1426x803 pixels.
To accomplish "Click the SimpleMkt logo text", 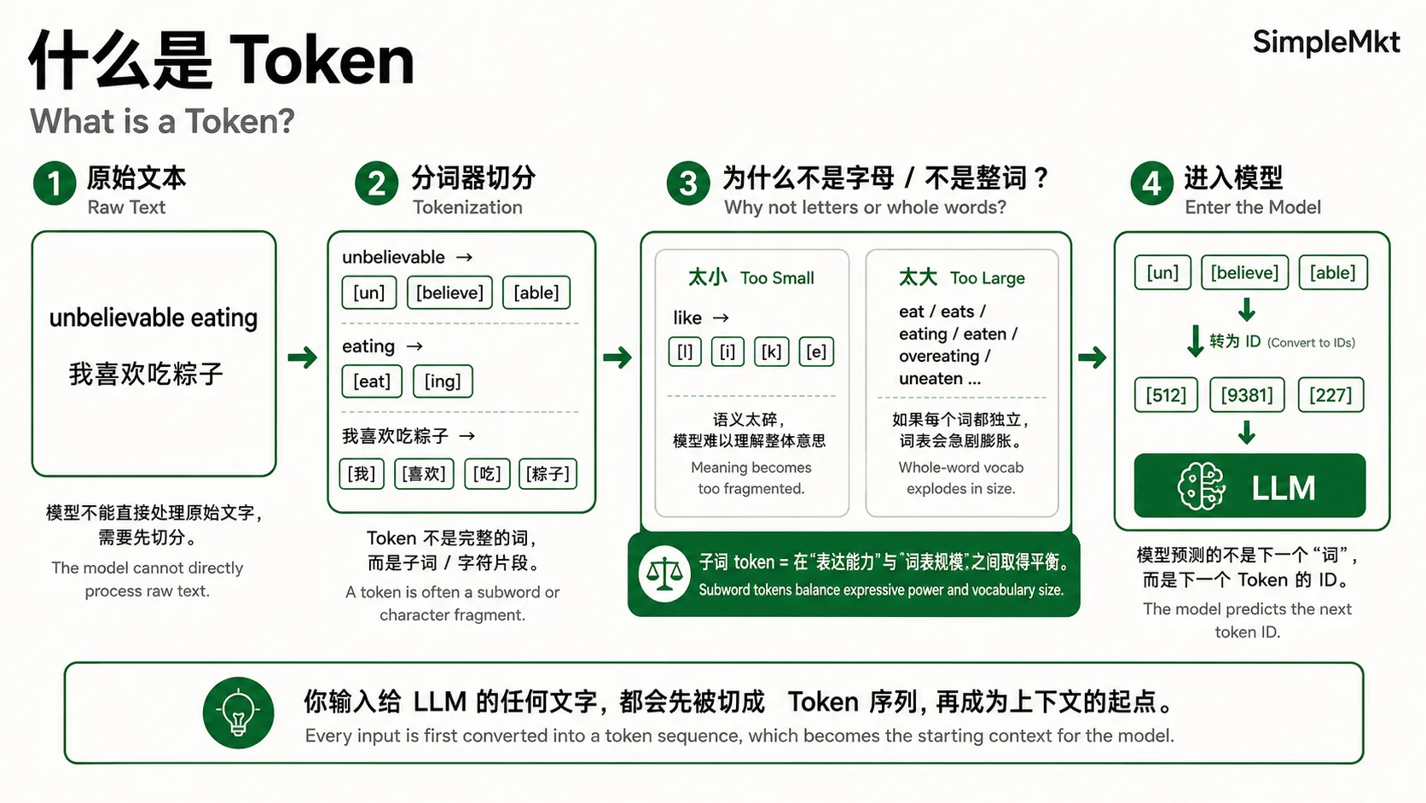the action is point(1326,43).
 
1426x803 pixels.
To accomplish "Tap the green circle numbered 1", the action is point(55,183).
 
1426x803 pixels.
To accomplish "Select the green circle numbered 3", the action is point(688,183).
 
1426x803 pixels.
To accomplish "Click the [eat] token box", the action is point(372,381).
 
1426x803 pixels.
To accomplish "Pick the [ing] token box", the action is point(443,381).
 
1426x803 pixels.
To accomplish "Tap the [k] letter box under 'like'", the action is point(771,352).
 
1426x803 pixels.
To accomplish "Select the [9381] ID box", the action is point(1247,395).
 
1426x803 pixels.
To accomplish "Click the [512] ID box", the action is point(1166,395).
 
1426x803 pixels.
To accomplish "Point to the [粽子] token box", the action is point(548,474).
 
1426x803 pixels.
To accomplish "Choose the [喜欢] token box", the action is point(424,474).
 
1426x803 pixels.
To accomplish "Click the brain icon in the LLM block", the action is point(1202,486).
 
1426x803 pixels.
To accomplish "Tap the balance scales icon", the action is point(664,573).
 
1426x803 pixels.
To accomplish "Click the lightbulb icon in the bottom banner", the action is point(238,713).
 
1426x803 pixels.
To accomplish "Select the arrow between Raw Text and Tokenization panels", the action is point(303,358).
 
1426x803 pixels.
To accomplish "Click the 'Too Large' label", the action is point(988,278).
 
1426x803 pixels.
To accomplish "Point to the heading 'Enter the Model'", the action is point(1252,207).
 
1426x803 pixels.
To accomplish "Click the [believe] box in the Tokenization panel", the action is point(449,293).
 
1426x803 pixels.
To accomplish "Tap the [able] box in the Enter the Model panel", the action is point(1332,272).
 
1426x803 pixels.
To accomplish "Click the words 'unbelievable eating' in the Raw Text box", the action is point(154,317).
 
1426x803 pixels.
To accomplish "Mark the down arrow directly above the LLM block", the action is point(1247,433).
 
